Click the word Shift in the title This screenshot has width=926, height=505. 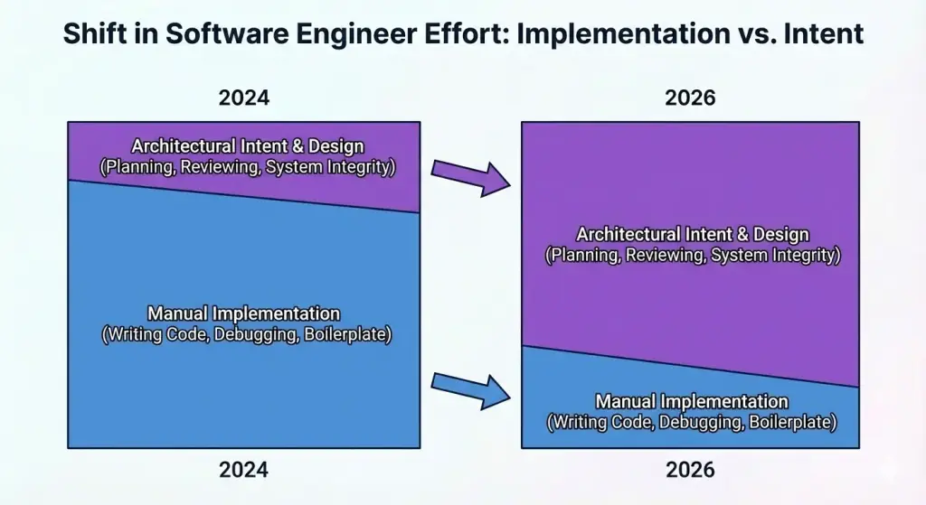93,34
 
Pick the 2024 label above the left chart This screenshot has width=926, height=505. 243,98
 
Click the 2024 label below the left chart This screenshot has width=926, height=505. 243,470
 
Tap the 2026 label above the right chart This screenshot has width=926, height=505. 690,98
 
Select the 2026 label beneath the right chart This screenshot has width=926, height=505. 690,470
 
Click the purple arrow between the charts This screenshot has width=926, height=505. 470,177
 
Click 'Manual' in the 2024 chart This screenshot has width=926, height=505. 178,314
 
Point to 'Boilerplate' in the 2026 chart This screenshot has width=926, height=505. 789,422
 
